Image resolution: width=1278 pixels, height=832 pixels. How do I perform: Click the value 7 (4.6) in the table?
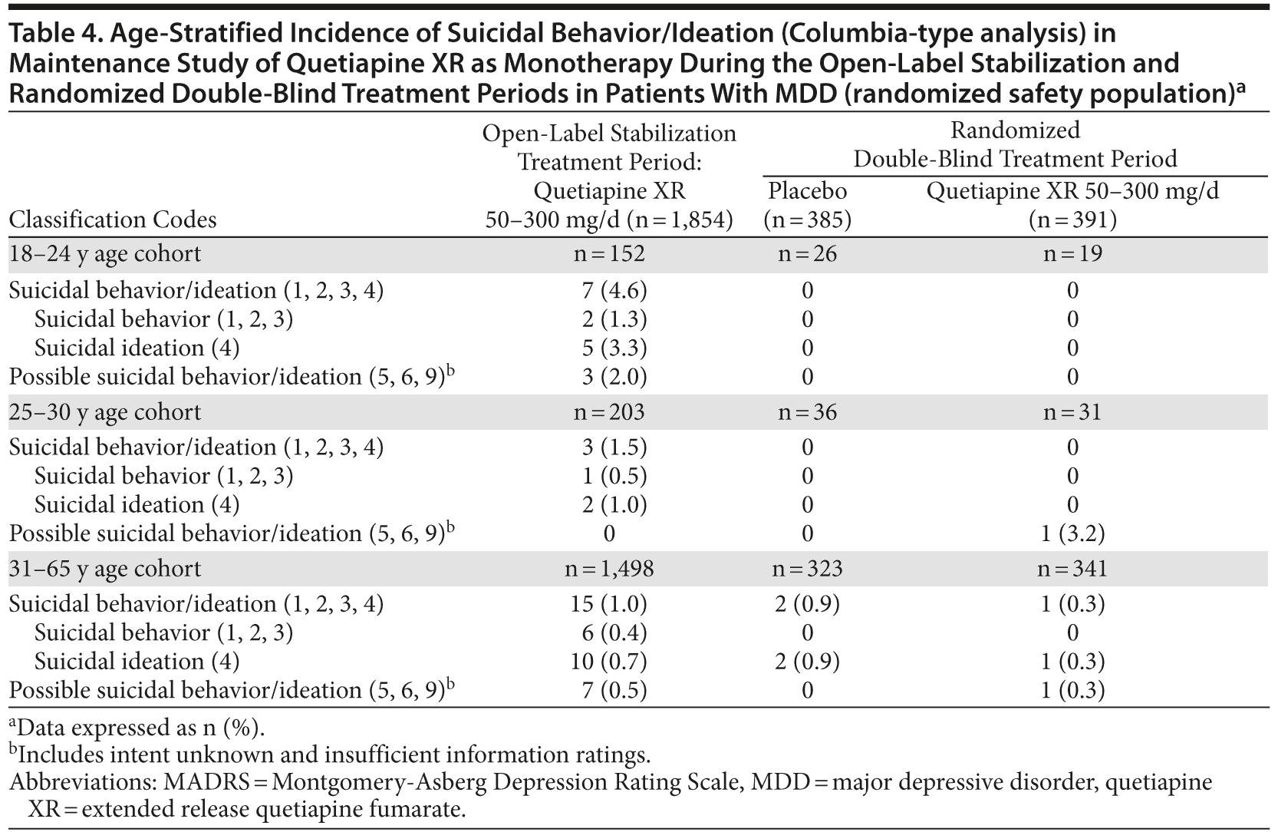tap(614, 291)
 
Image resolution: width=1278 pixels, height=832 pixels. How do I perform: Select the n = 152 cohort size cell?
tap(609, 254)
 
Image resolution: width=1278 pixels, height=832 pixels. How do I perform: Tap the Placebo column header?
tap(807, 191)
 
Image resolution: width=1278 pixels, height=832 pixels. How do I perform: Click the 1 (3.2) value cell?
tap(1072, 533)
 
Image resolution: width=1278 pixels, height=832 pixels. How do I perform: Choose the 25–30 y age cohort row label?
tap(104, 412)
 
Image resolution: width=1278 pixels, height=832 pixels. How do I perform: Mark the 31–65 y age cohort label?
tap(104, 569)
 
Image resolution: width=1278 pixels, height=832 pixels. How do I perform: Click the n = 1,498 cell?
tap(614, 569)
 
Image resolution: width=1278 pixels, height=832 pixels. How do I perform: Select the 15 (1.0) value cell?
tap(614, 604)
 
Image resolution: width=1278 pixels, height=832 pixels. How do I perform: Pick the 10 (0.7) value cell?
tap(614, 662)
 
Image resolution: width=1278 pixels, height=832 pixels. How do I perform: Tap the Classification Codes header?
tap(113, 220)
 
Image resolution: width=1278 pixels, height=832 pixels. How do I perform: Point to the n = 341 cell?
tap(1072, 569)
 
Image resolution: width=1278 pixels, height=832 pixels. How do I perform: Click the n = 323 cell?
tap(807, 569)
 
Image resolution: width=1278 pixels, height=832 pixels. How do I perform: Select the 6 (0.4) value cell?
tap(614, 633)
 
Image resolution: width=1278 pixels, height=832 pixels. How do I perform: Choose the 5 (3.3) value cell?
tap(614, 348)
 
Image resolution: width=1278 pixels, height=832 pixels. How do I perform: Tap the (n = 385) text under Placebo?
tap(807, 220)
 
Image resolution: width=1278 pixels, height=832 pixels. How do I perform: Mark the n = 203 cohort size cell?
tap(609, 412)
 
